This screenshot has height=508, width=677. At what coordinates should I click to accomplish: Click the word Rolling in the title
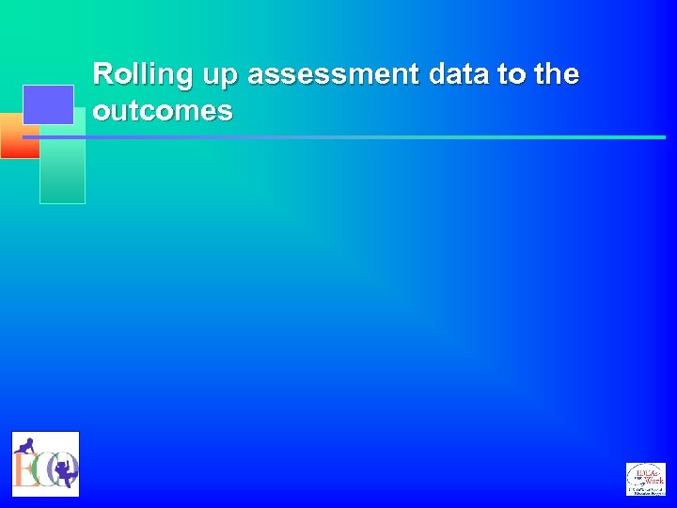click(140, 74)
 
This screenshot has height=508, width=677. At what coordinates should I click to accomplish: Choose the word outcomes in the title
click(163, 111)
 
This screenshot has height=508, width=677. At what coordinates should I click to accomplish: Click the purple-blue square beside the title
click(48, 103)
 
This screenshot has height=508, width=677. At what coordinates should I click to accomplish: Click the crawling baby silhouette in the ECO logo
click(26, 446)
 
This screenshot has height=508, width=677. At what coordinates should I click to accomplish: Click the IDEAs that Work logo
click(646, 479)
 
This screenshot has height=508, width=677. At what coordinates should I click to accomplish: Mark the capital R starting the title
click(103, 74)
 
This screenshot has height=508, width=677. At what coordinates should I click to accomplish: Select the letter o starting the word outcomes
click(102, 112)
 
